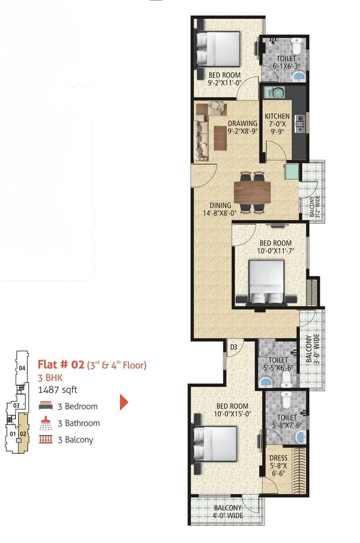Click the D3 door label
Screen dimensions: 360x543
233,347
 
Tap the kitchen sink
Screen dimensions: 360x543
274,92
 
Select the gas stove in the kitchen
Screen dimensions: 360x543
300,124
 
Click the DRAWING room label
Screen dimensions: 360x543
243,123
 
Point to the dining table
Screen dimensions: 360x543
252,192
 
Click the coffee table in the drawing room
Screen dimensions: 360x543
220,138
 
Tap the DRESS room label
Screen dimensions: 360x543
278,458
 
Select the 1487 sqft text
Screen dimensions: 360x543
58,390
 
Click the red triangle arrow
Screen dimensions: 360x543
124,402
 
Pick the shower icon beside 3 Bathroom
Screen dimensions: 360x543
45,423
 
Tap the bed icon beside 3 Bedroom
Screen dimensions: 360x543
45,406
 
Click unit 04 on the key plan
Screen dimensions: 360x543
22,368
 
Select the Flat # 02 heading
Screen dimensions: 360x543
60,365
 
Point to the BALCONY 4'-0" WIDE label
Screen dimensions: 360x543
227,512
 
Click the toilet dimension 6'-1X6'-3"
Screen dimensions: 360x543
286,66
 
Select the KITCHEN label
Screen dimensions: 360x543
277,116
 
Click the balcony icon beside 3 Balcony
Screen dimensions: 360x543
45,439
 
